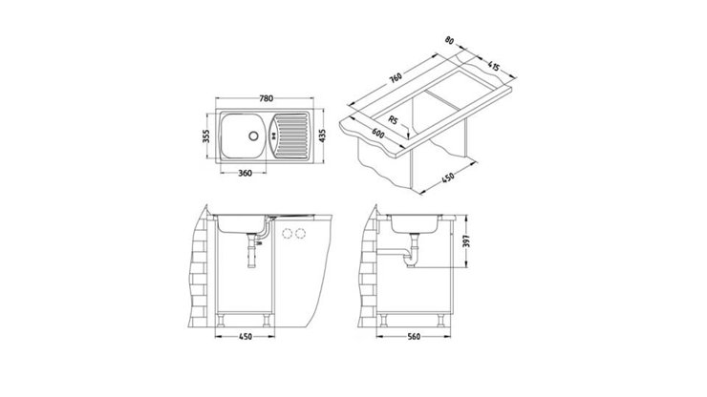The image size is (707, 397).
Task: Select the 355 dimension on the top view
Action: pos(207,136)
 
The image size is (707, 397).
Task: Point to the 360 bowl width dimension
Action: pos(246,173)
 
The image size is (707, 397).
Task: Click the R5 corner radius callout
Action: pos(402,122)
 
